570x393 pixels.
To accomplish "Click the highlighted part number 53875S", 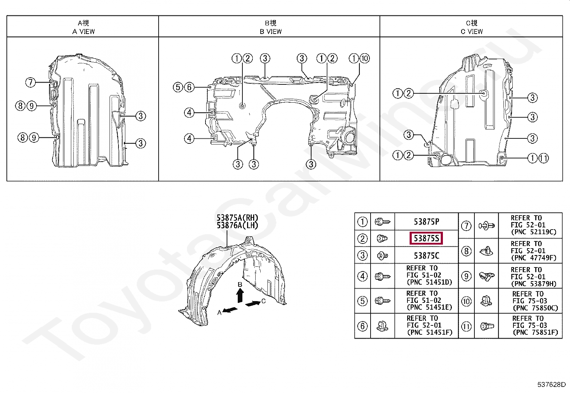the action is [x=426, y=238].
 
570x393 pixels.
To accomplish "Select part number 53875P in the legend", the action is [x=426, y=222].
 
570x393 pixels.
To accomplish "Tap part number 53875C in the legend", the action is [x=426, y=256].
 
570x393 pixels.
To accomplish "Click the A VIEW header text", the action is [x=83, y=31].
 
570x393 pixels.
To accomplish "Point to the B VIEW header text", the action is [x=271, y=31].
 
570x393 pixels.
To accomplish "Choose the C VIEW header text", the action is [x=472, y=31].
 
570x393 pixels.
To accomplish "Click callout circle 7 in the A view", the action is [x=31, y=83].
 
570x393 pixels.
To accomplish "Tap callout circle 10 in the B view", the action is [x=364, y=58].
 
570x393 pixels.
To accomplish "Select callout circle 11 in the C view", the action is [x=543, y=158].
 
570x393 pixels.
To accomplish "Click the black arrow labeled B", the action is [x=241, y=296].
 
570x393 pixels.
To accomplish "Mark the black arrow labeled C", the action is [x=253, y=304].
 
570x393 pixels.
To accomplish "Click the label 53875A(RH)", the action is [x=237, y=218].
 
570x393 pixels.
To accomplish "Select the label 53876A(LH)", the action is [x=237, y=225].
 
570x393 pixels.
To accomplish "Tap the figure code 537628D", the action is [x=551, y=385].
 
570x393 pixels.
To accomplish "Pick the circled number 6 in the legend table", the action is [x=363, y=326].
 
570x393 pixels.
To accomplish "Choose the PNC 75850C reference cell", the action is [x=535, y=301].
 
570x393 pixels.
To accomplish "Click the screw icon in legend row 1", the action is [x=382, y=222].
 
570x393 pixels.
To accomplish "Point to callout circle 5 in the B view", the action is [x=178, y=87].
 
